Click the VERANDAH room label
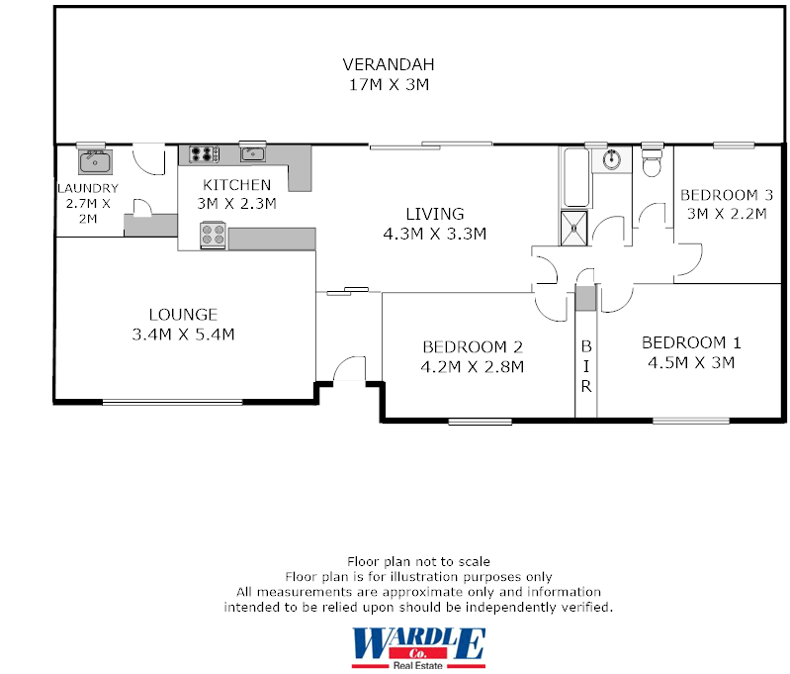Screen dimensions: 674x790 (389, 65)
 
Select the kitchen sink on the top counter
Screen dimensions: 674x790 (252, 153)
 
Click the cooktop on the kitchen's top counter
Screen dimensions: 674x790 (204, 153)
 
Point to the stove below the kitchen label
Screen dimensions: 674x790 (214, 236)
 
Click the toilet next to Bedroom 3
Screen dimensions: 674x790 (652, 164)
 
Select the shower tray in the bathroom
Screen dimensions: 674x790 (573, 227)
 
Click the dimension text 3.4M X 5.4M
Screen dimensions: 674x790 (183, 335)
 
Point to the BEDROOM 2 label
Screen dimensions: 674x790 (472, 347)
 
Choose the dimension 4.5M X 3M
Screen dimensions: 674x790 (691, 362)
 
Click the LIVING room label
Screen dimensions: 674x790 (435, 214)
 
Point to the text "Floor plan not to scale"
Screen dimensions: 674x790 (418, 562)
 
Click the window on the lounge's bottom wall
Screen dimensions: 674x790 (172, 401)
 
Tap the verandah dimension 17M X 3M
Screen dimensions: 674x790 (389, 85)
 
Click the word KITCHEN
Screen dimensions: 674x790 (236, 185)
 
